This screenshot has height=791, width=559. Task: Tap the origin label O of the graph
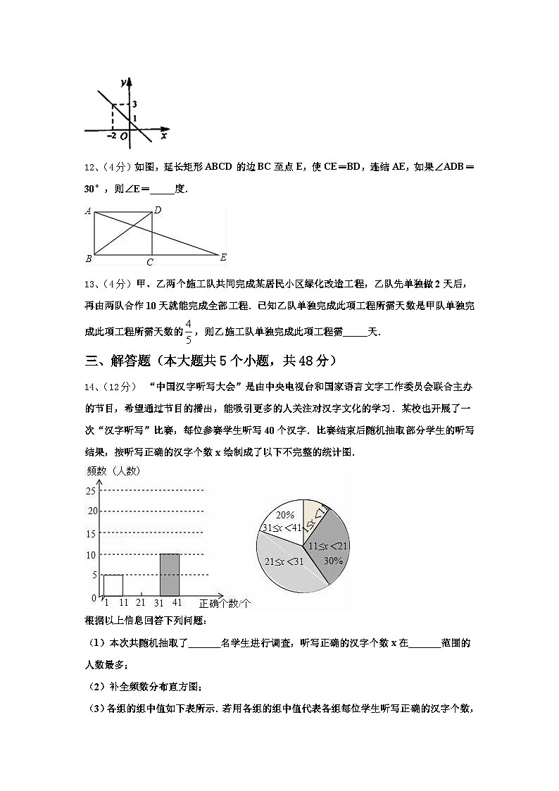[x=124, y=137]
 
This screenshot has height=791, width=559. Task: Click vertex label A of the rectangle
[x=89, y=211]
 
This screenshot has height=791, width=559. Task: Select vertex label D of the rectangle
[x=158, y=210]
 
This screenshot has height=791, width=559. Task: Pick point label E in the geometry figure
[x=223, y=257]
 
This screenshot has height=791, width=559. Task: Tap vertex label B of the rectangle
[x=89, y=259]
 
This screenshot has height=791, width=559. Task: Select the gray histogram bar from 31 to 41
[x=170, y=575]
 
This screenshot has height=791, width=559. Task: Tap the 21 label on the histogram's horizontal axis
[x=141, y=603]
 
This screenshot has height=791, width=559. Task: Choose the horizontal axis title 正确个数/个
[x=225, y=604]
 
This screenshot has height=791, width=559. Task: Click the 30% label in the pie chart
[x=333, y=561]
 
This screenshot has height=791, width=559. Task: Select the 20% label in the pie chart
[x=285, y=514]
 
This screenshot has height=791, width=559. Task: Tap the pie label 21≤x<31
[x=283, y=561]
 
